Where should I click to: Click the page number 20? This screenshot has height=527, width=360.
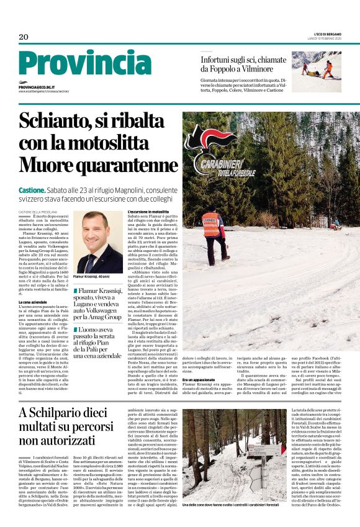[x=23, y=37]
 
